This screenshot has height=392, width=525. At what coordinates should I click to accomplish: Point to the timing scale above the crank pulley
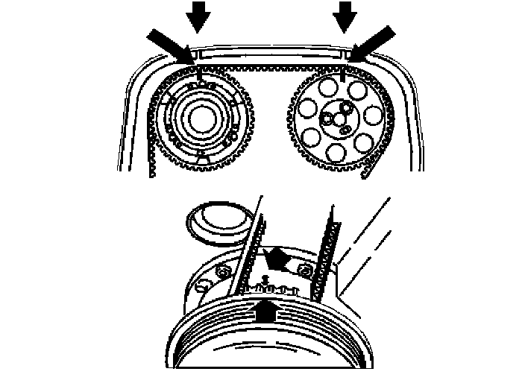point(272,287)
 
